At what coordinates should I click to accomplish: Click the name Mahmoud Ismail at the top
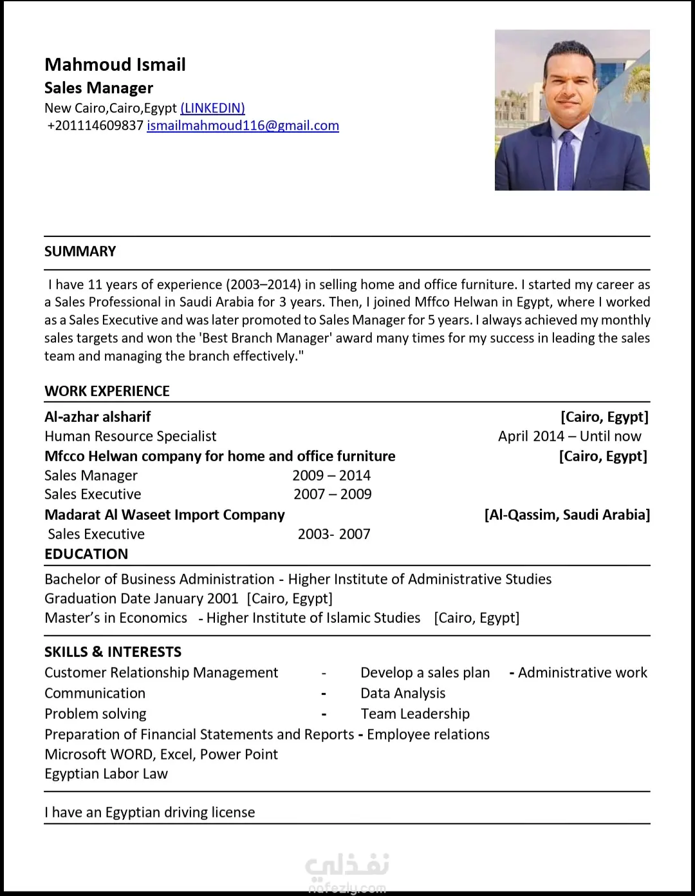tap(115, 64)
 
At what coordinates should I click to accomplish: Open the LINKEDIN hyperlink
tap(212, 108)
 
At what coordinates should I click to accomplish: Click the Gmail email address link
tap(243, 126)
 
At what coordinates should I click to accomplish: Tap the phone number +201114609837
tap(95, 126)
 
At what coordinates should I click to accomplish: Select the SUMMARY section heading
tap(80, 251)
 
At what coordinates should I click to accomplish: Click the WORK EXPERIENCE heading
tap(107, 391)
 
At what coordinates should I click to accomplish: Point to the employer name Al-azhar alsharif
tap(98, 417)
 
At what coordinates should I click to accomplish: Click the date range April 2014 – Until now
tap(570, 436)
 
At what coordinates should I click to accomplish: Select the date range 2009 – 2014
tap(331, 475)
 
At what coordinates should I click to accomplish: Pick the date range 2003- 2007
tap(334, 534)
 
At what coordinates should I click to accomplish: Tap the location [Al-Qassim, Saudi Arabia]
tap(567, 515)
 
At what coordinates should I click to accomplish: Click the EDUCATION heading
tap(86, 554)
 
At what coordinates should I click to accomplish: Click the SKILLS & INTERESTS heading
tap(113, 652)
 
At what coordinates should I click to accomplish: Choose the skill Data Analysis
tap(403, 693)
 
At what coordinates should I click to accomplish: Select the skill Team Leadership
tap(415, 714)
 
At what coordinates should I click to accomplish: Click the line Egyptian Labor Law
tap(106, 774)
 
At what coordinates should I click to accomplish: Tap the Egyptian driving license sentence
tap(150, 812)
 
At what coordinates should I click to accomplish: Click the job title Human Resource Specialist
tap(131, 436)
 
